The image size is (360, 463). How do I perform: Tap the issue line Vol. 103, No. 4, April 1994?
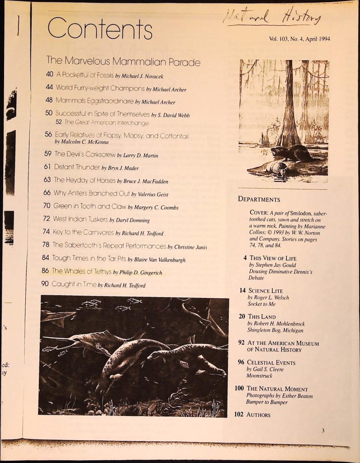[x=299, y=39]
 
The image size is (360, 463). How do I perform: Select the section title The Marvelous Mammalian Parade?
[x=123, y=61]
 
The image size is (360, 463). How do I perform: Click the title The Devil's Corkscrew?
[x=85, y=154]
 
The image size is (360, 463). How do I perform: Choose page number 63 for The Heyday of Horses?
[x=47, y=180]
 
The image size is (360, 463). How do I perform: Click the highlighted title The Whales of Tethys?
[x=81, y=272]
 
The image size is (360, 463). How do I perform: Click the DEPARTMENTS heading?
[x=259, y=199]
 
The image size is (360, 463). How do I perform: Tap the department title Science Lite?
[x=265, y=291]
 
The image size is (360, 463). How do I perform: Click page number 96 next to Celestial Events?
[x=241, y=362]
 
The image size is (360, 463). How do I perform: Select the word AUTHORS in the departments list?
[x=258, y=415]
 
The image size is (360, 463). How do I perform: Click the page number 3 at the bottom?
[x=323, y=430]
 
